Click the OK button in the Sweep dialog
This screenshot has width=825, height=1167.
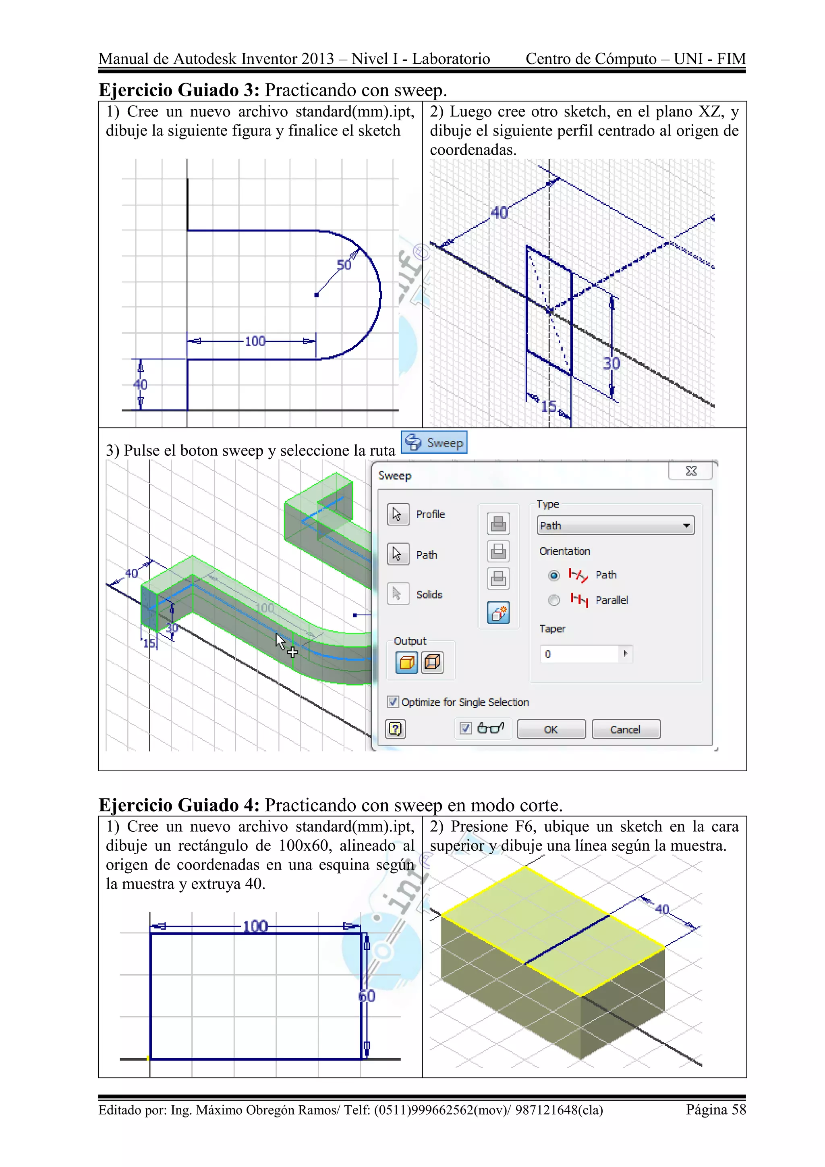[x=551, y=729]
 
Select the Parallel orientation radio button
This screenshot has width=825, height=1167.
[x=554, y=600]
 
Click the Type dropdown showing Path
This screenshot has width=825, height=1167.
[x=615, y=525]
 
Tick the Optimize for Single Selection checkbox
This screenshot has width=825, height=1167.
[x=393, y=702]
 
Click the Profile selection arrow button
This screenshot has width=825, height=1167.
[x=398, y=514]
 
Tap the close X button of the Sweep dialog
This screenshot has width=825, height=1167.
[x=691, y=471]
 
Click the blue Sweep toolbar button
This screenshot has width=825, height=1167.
[x=434, y=442]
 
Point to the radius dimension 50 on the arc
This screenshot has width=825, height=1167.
[x=344, y=265]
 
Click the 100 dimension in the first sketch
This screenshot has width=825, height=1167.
[x=255, y=341]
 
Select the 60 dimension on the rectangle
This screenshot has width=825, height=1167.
[x=367, y=996]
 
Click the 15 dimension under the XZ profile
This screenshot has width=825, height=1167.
[x=549, y=406]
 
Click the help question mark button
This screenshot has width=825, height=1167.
[x=395, y=729]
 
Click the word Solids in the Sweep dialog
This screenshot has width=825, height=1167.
[x=429, y=594]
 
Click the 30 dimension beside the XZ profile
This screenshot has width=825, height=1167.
[x=611, y=363]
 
